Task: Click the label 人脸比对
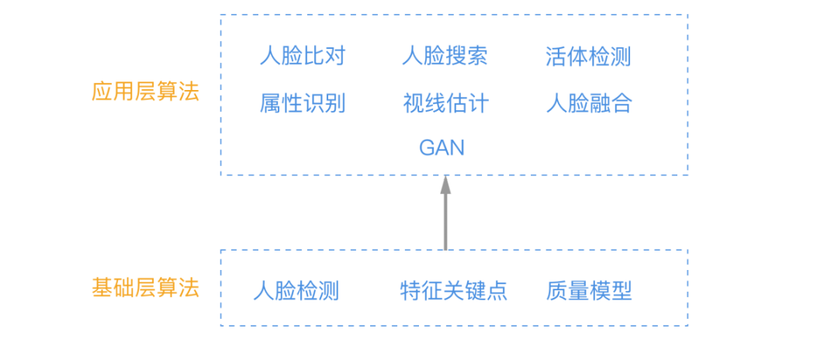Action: (x=302, y=56)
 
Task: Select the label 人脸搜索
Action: (x=445, y=56)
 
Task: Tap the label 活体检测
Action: (x=587, y=56)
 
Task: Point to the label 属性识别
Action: (x=302, y=103)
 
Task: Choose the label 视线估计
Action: (x=445, y=103)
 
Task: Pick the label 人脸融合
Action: (x=589, y=103)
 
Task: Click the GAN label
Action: (x=442, y=147)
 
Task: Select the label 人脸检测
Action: (x=296, y=291)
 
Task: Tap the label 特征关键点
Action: (x=453, y=291)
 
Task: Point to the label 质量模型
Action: (x=589, y=291)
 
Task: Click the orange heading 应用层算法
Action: (x=145, y=92)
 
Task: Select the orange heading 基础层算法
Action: (x=145, y=288)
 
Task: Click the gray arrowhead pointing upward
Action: (x=445, y=185)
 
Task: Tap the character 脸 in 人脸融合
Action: (x=578, y=103)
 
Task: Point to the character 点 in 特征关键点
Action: (x=497, y=291)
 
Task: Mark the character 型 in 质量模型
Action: (x=622, y=291)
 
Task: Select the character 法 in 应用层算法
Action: (x=189, y=92)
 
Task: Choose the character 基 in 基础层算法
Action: (x=102, y=288)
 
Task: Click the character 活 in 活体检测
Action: (x=556, y=56)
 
